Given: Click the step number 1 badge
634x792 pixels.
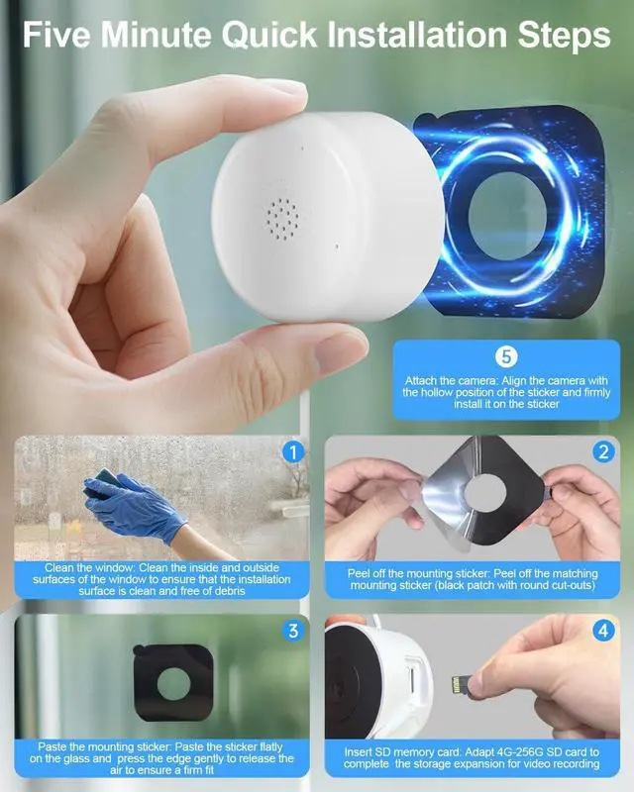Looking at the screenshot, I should (x=291, y=453).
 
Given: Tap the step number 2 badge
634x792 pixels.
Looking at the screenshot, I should (x=603, y=453).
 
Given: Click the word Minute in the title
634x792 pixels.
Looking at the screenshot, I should (x=162, y=36).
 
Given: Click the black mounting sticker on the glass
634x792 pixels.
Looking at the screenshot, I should (x=172, y=682).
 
